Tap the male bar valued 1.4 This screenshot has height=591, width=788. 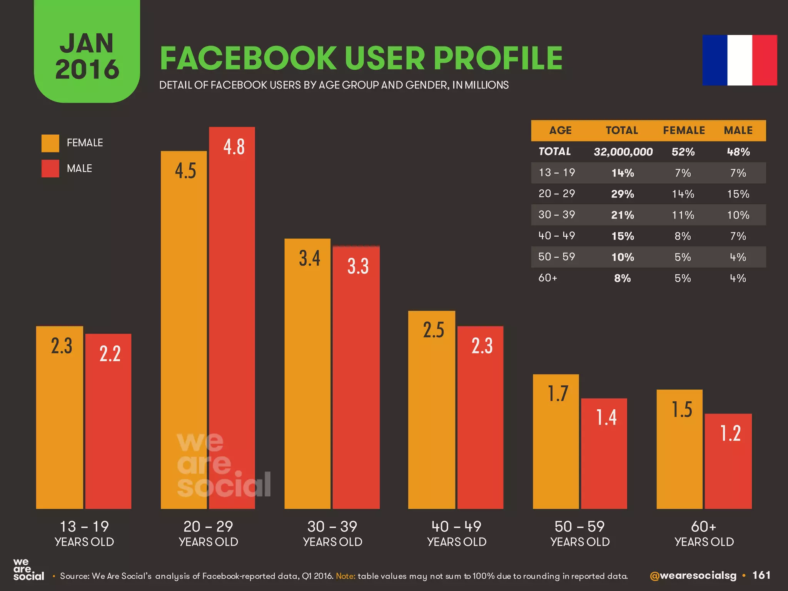point(604,454)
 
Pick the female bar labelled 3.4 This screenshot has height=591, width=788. point(307,373)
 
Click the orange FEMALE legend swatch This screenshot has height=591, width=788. point(50,143)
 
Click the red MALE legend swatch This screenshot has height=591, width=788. point(50,169)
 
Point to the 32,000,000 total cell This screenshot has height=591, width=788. point(623,152)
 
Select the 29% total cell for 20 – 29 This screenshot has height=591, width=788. point(623,194)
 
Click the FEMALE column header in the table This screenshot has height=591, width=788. point(684,130)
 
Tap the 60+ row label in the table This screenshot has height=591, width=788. point(548,278)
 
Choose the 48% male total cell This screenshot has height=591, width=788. point(738,152)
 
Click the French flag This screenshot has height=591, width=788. point(740,60)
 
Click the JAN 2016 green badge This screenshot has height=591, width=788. point(87,54)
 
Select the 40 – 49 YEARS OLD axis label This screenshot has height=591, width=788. point(456,533)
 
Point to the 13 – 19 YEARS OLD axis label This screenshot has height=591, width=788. point(84,533)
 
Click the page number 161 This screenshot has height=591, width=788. point(761,575)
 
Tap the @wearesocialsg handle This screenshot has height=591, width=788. point(693,576)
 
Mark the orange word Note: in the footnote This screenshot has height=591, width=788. point(345,576)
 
